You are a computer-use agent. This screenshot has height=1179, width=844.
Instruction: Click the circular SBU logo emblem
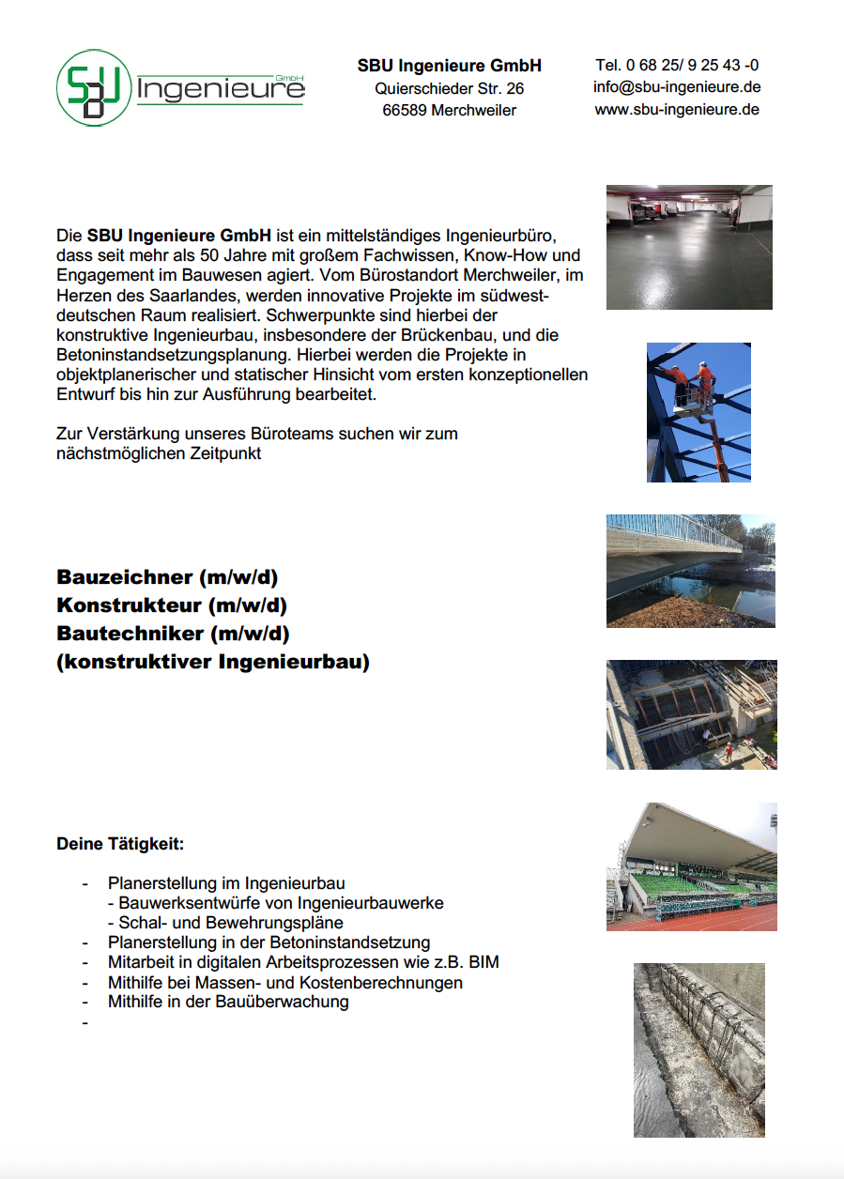coord(94,87)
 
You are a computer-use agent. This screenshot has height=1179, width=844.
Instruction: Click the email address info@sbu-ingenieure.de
coord(676,87)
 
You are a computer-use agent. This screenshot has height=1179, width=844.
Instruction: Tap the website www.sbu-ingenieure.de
coord(676,109)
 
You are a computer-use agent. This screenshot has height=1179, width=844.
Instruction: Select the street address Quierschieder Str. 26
coord(449,89)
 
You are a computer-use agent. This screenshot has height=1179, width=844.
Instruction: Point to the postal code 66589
coord(405,111)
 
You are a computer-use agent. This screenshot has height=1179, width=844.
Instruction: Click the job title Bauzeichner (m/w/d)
coord(167,576)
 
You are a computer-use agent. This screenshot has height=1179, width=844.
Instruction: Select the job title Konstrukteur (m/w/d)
coord(172,605)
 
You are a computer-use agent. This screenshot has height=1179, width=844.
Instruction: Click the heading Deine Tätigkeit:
coord(120,844)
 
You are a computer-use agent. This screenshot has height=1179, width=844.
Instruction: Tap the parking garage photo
coord(689,246)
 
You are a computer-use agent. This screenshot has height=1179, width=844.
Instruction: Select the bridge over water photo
coord(690,570)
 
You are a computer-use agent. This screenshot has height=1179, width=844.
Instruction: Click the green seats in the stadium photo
coord(685,886)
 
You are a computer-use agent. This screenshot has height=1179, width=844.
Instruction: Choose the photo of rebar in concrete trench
coord(698,1049)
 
